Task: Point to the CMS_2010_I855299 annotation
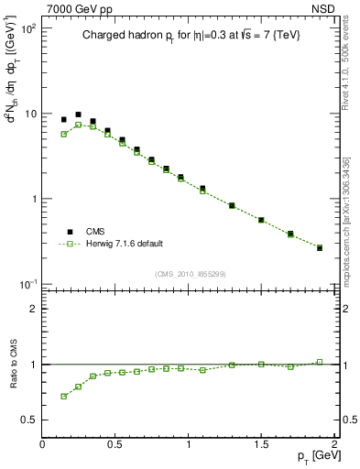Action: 190,274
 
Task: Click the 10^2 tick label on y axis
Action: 27,29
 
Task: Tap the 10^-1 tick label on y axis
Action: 27,284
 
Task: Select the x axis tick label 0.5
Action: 115,444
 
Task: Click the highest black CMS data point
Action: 78,115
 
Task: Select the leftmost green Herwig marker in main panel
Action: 63,134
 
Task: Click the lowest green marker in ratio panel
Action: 63,396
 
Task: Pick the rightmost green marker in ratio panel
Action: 319,362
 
